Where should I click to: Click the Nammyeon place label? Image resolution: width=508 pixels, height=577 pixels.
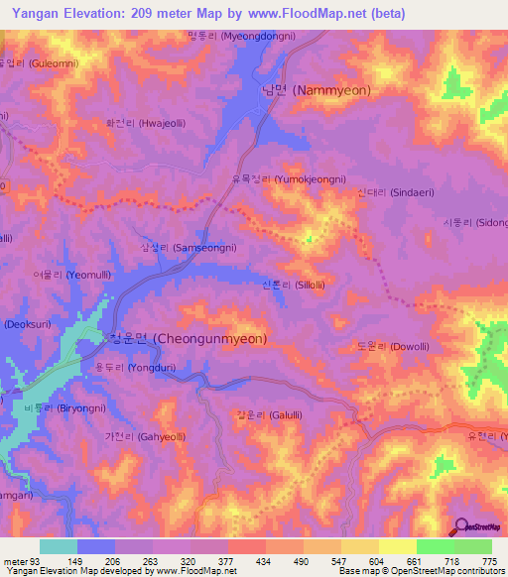(x=316, y=90)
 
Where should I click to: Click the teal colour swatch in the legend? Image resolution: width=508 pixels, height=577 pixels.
(x=59, y=546)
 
